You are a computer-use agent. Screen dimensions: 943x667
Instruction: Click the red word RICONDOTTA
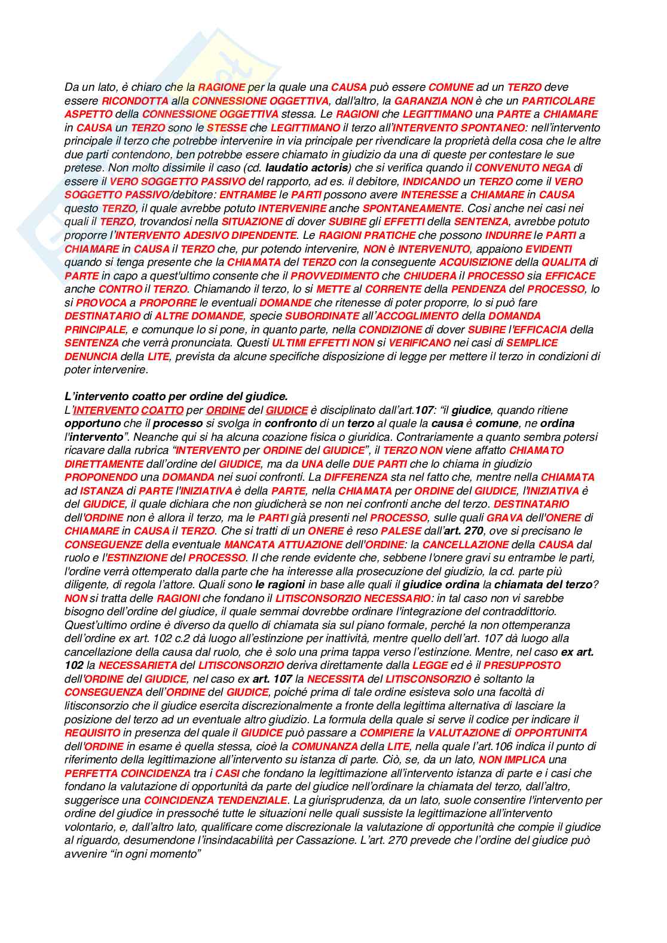point(135,101)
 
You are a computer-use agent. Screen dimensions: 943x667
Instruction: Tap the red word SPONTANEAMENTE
point(412,208)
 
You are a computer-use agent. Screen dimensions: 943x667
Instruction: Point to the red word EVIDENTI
point(549,249)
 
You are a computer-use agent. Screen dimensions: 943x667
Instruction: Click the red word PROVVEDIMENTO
point(335,276)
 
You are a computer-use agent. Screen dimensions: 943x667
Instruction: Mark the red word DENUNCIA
point(91,357)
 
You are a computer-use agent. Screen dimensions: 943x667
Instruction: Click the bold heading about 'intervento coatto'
point(176,396)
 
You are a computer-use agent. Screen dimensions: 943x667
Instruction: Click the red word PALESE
point(401,531)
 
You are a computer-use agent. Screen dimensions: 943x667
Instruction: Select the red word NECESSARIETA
point(137,665)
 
